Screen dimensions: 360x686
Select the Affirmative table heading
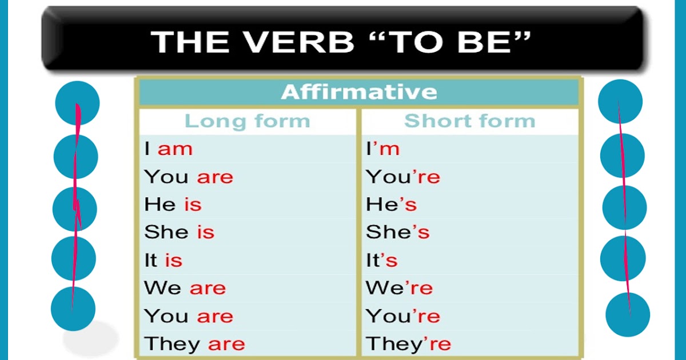359,92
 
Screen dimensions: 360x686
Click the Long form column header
247,121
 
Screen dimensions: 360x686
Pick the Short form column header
469,121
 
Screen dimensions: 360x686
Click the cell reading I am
169,149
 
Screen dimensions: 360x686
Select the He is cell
173,205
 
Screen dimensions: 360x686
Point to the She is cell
179,232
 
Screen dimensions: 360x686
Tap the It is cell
163,261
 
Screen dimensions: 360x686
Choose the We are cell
185,288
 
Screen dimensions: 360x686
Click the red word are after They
226,344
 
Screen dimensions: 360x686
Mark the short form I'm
383,149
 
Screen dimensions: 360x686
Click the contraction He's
392,205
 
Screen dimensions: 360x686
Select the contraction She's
398,232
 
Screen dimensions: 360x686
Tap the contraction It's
382,261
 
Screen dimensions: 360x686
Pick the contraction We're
400,288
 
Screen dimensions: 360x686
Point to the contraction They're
409,344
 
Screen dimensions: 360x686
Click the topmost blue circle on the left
77,103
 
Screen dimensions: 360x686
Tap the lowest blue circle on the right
628,314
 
